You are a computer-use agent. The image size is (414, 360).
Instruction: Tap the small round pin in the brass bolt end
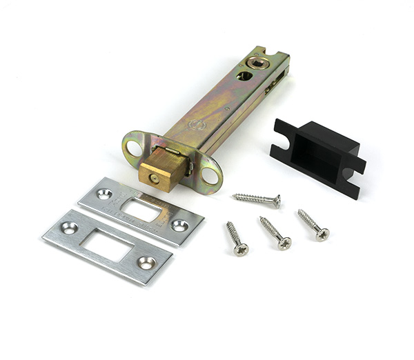pos(155,179)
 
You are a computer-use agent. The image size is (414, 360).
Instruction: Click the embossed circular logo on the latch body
pos(198,125)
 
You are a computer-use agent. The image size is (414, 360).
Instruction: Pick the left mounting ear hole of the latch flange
pos(133,146)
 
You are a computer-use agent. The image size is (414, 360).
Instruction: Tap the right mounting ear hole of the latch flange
pos(210,174)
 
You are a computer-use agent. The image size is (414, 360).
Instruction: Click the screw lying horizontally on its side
pos(257,199)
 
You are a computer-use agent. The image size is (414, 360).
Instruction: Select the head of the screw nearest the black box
pos(322,234)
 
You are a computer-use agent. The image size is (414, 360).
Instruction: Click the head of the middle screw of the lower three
pos(284,243)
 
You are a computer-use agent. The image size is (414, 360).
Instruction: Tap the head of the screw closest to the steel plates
pos(240,250)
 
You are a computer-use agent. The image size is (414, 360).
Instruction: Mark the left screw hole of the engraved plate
pos(104,194)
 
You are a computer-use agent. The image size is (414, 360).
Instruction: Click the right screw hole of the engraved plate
pos(179,225)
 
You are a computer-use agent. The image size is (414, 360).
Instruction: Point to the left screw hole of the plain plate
pos(69,228)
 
